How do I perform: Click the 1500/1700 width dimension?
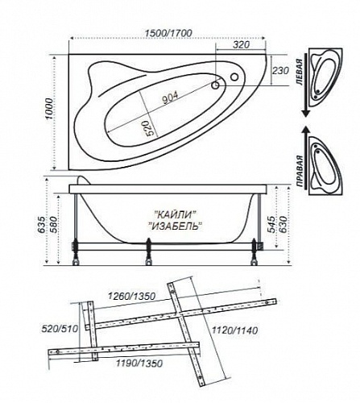pyautogui.click(x=168, y=33)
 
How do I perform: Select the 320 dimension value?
pyautogui.click(x=241, y=44)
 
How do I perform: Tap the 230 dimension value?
pyautogui.click(x=281, y=70)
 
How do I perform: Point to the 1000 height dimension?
pyautogui.click(x=49, y=110)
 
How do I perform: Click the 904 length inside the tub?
pyautogui.click(x=170, y=97)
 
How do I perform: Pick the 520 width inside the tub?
pyautogui.click(x=152, y=127)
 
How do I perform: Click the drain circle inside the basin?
pyautogui.click(x=215, y=85)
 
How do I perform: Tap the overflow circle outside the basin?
pyautogui.click(x=234, y=77)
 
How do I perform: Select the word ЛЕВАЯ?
pyautogui.click(x=300, y=73)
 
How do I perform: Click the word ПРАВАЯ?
pyautogui.click(x=300, y=172)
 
